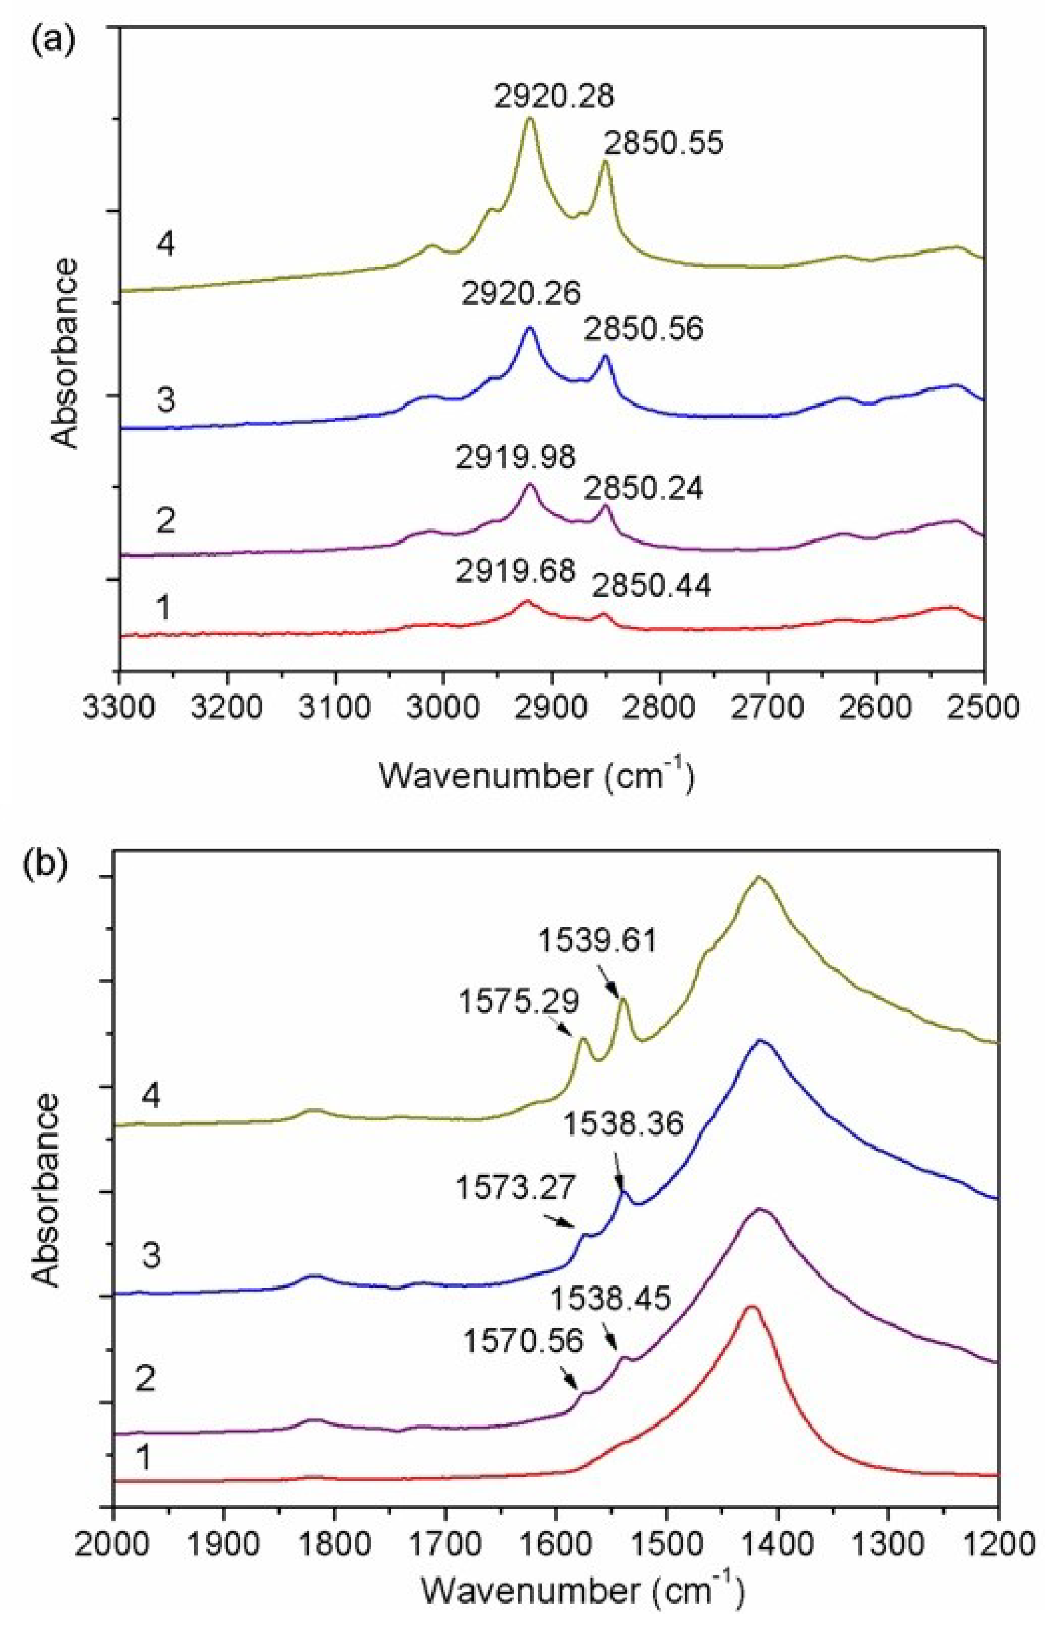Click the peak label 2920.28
pyautogui.click(x=554, y=97)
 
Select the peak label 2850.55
pyautogui.click(x=664, y=144)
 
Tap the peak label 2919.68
pyautogui.click(x=516, y=572)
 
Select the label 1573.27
pyautogui.click(x=516, y=1188)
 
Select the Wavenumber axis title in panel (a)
pyautogui.click(x=537, y=776)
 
